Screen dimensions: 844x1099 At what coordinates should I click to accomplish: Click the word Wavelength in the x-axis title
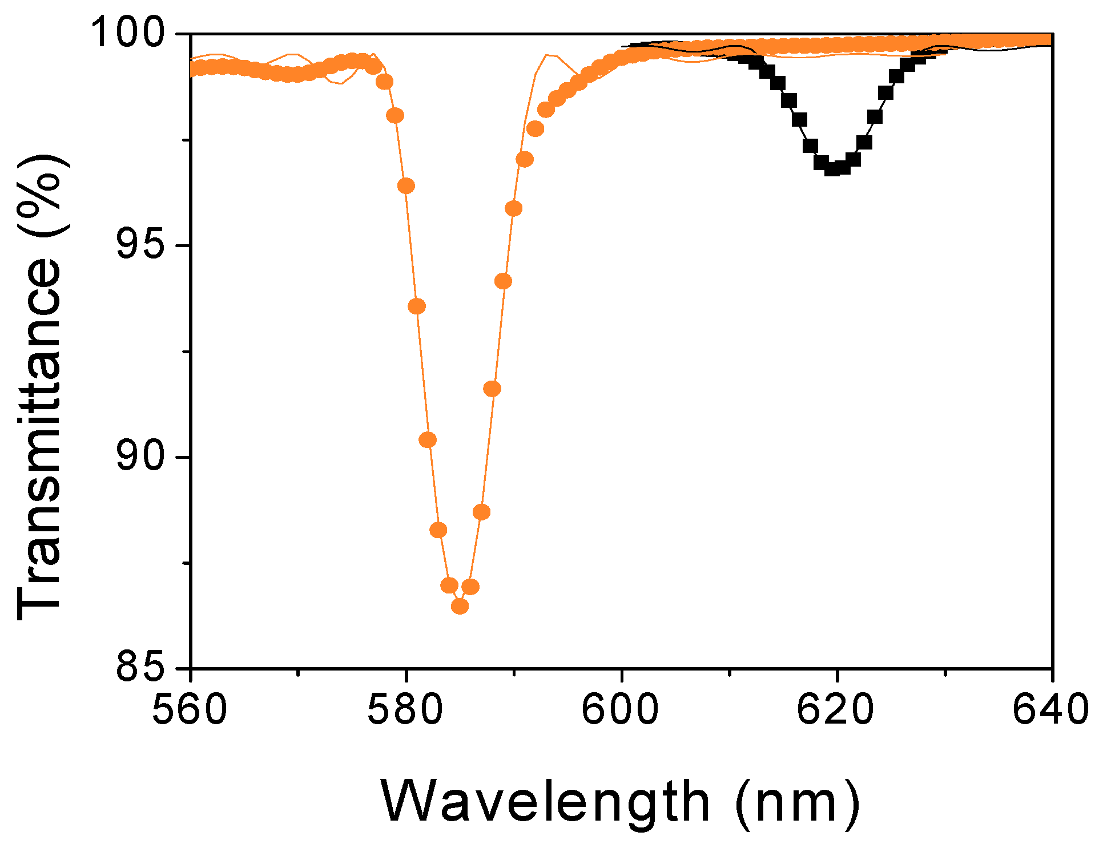[545, 802]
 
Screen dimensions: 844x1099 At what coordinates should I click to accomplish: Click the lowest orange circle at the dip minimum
[460, 606]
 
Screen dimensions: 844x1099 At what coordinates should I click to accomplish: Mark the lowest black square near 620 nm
[832, 168]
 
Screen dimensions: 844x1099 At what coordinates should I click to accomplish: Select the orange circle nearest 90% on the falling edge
[428, 440]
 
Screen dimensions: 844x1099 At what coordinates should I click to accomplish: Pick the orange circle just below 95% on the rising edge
[503, 281]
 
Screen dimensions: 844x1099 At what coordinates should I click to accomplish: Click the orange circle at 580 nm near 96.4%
[406, 186]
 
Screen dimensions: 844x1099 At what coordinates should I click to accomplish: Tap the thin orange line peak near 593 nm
[547, 55]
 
